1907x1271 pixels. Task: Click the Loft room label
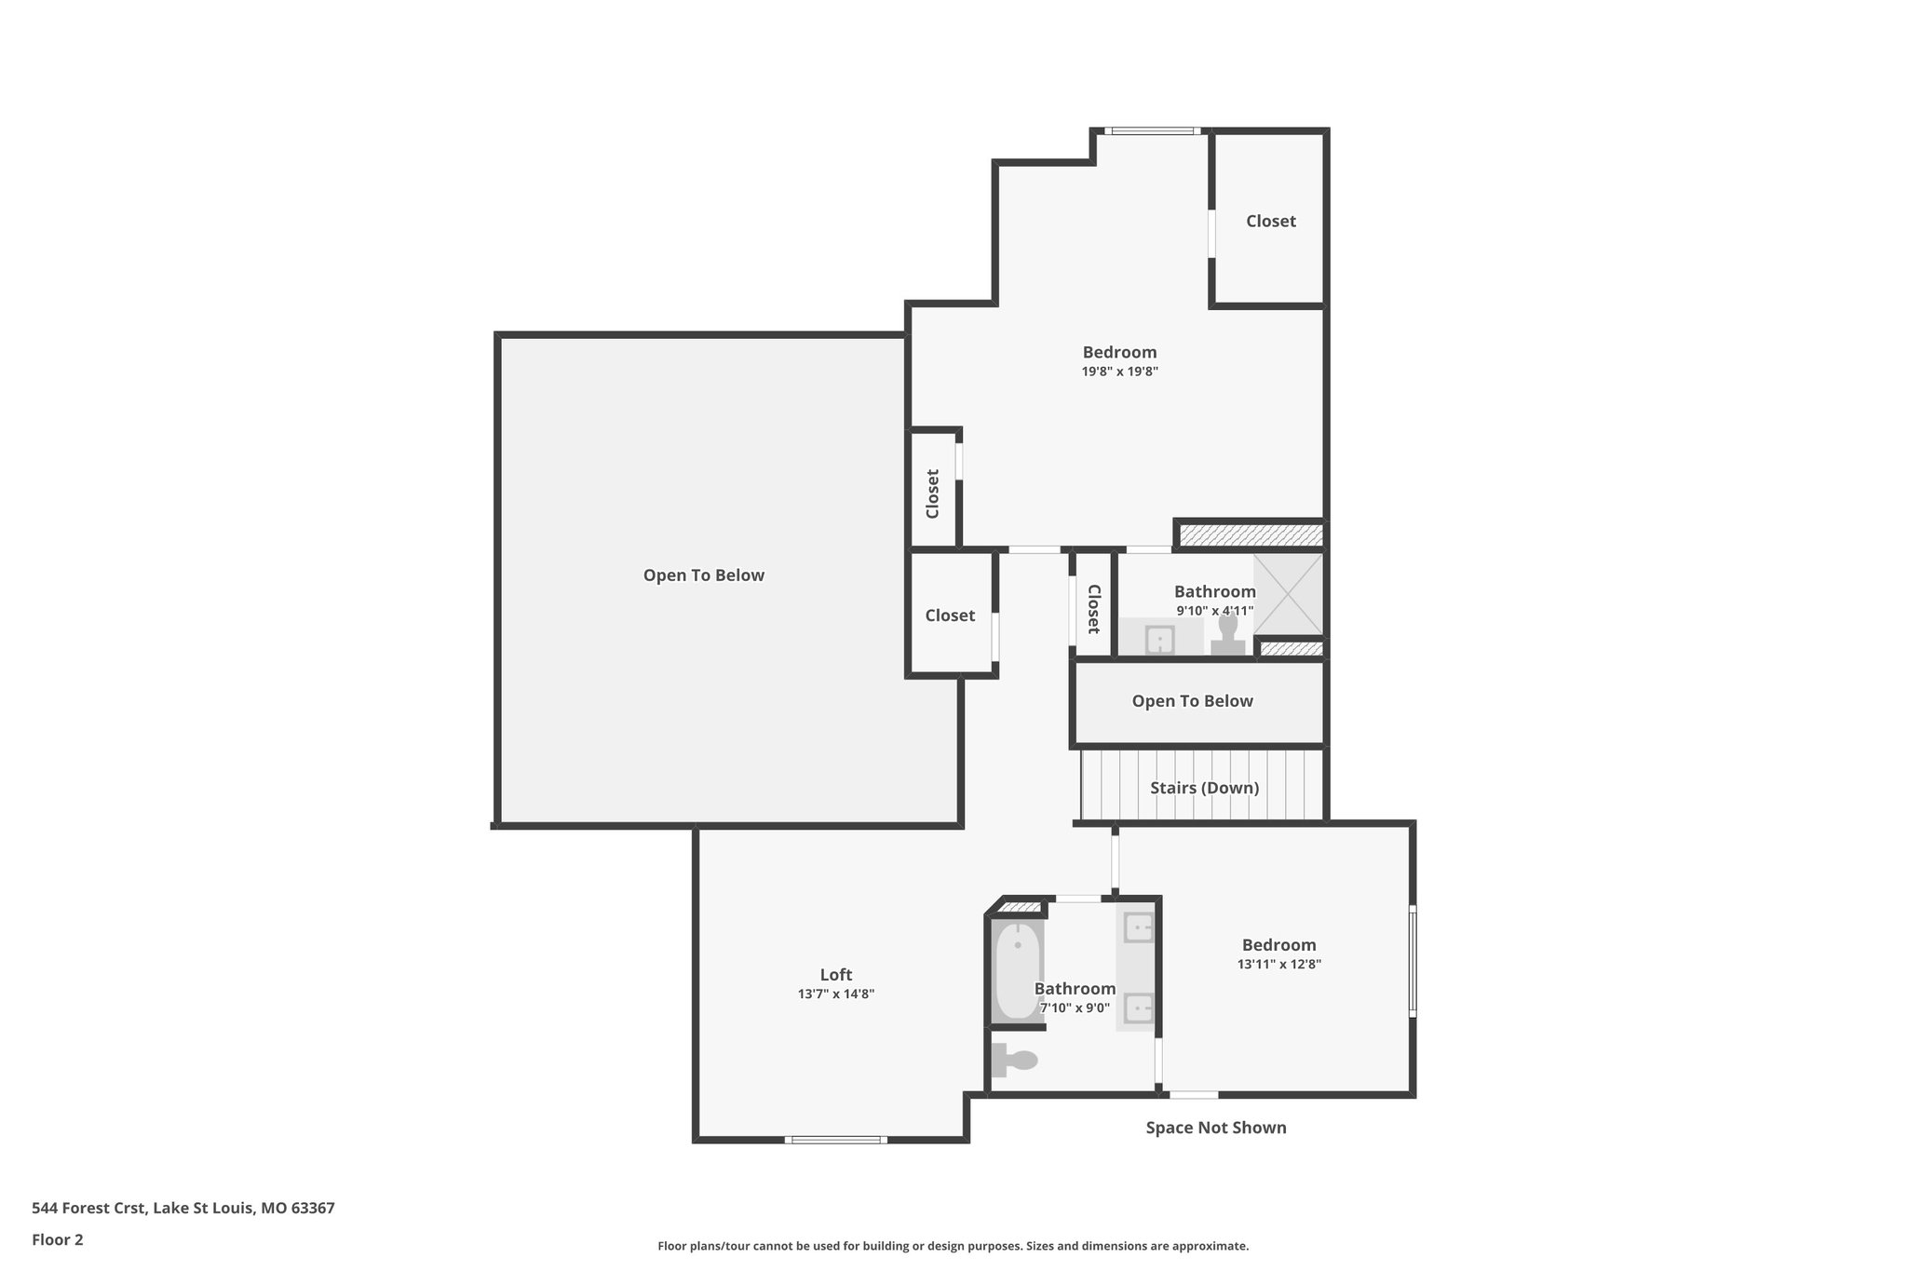pos(835,975)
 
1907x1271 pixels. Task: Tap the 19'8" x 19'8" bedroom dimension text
pos(1119,372)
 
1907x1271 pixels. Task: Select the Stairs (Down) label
pos(1204,788)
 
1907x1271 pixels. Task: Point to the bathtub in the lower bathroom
pos(1017,970)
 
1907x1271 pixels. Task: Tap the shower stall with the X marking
pos(1288,594)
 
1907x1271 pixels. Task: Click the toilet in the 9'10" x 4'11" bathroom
pos(1228,636)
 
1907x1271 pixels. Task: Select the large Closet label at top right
pos(1270,221)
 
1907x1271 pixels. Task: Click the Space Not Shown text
pos(1215,1128)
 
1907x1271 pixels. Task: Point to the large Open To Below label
pos(703,575)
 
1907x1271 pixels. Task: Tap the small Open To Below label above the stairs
pos(1192,701)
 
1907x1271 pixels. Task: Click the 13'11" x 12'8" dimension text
pos(1278,965)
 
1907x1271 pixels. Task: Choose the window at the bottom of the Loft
pos(834,1140)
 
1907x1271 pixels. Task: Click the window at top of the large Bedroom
pos(1152,131)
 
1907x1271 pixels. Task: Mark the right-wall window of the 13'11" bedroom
pos(1413,960)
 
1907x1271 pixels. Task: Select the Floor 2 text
pos(58,1239)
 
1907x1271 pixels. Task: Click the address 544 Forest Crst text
pos(183,1208)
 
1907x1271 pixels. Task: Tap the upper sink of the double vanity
pos(1139,927)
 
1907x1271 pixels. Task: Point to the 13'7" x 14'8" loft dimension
pos(835,994)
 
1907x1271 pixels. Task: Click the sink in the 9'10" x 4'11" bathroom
pos(1159,640)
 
